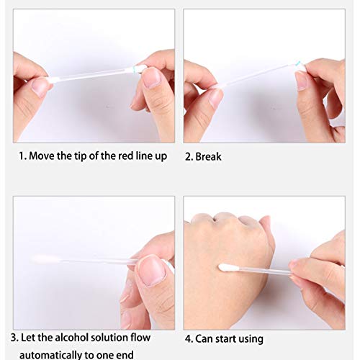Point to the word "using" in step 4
click(x=250, y=338)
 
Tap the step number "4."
click(x=189, y=338)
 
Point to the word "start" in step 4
click(x=223, y=338)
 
